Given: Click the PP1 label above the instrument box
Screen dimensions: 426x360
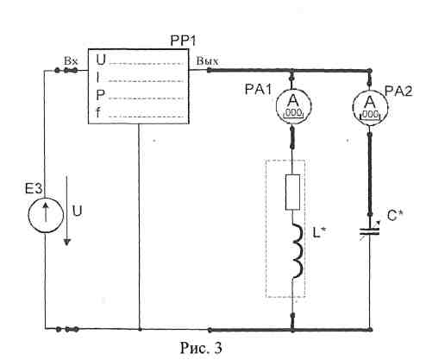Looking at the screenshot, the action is (183, 41).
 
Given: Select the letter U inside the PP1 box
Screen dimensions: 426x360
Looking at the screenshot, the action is (101, 60).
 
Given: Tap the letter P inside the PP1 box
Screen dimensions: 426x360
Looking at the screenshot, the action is (100, 95).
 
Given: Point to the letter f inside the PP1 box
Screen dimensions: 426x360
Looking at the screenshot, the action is (98, 113).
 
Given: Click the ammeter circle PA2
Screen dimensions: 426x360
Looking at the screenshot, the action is (370, 109).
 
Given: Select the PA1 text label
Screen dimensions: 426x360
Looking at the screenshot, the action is (258, 90).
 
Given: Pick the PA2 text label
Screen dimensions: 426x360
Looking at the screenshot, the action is (398, 92).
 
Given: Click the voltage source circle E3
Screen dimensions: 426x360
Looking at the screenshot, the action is (46, 215).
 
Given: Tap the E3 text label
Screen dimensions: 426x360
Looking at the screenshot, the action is (34, 189).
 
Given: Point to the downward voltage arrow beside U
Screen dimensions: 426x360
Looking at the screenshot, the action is (67, 211).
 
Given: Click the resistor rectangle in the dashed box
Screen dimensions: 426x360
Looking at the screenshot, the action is (292, 192).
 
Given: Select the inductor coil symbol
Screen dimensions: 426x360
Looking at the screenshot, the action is (298, 250).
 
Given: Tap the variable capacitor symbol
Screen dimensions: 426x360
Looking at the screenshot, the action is (370, 231).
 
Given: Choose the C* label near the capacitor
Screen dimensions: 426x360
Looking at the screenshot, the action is (395, 216).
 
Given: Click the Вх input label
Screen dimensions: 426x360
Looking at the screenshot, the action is (71, 61).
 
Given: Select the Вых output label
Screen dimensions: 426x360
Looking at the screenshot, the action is (207, 61).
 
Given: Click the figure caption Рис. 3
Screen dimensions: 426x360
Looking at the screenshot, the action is (201, 348).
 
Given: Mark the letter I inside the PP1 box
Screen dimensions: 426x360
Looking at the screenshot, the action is (98, 78).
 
